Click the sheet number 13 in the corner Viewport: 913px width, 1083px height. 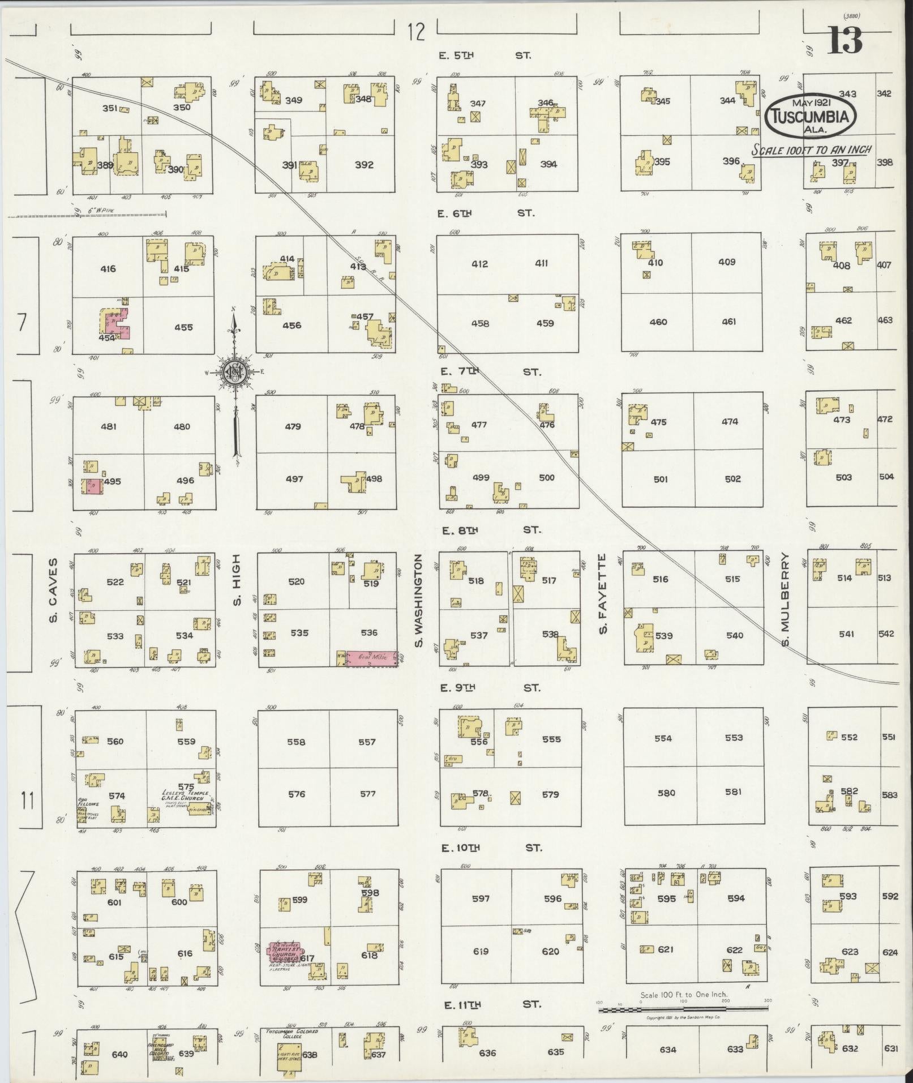point(846,41)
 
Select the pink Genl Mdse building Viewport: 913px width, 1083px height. point(371,658)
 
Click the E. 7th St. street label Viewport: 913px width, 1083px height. point(490,371)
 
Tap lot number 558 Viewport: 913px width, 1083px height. point(295,741)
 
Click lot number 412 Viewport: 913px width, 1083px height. point(479,263)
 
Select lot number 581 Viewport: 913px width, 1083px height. point(732,792)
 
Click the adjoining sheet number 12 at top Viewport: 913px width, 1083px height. point(415,32)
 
